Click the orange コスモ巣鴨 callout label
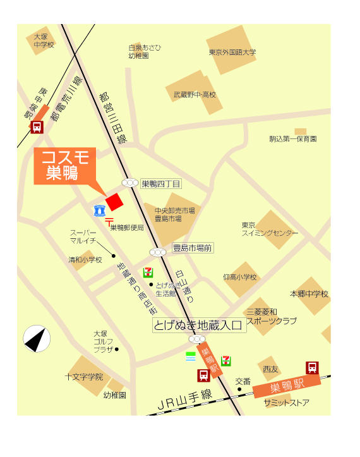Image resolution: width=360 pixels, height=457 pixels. coord(64,166)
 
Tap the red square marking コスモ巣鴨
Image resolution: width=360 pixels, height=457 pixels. coord(114,202)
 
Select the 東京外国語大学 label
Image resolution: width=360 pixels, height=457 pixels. coord(232,52)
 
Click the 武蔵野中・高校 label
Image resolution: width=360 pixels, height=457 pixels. coord(195,95)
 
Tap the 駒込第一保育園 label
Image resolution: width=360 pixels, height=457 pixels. coord(292,138)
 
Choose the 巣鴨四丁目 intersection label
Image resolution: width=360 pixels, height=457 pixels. coord(160,184)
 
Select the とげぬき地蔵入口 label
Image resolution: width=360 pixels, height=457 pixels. coord(198,326)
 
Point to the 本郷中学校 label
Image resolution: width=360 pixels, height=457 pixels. coord(309,294)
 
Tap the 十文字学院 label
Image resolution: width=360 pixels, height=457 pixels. coord(83,377)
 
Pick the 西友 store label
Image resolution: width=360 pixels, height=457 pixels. coord(270,369)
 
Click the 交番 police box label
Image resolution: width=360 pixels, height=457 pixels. coord(243,381)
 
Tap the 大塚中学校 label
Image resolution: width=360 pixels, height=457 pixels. coord(44,41)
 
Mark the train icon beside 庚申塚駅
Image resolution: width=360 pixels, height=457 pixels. coord(37,127)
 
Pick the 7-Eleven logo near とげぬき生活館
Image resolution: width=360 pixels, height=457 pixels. coord(148,272)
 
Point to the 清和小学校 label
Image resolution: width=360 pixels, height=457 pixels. coord(85,260)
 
